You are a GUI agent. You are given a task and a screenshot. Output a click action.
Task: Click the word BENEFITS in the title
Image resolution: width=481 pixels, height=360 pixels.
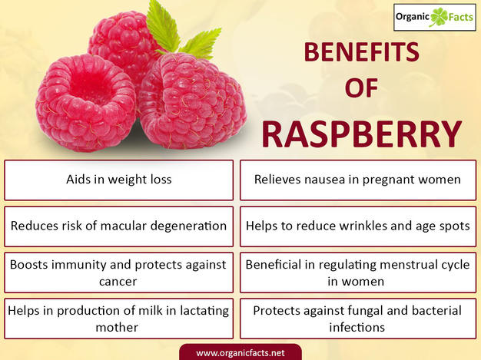(x=360, y=53)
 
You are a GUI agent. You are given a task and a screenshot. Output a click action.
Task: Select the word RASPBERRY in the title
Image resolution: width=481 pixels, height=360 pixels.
(x=361, y=133)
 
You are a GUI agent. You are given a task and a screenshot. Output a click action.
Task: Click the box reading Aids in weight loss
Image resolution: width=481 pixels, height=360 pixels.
(x=118, y=180)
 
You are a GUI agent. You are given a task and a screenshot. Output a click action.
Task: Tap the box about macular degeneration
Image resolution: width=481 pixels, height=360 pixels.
(x=118, y=226)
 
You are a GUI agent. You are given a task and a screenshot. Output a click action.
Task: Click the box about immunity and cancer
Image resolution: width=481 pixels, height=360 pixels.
(x=118, y=272)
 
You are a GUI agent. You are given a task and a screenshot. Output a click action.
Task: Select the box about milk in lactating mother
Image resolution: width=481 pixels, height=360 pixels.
(x=118, y=319)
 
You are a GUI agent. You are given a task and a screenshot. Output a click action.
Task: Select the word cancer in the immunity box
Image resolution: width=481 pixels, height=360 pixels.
(x=118, y=281)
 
